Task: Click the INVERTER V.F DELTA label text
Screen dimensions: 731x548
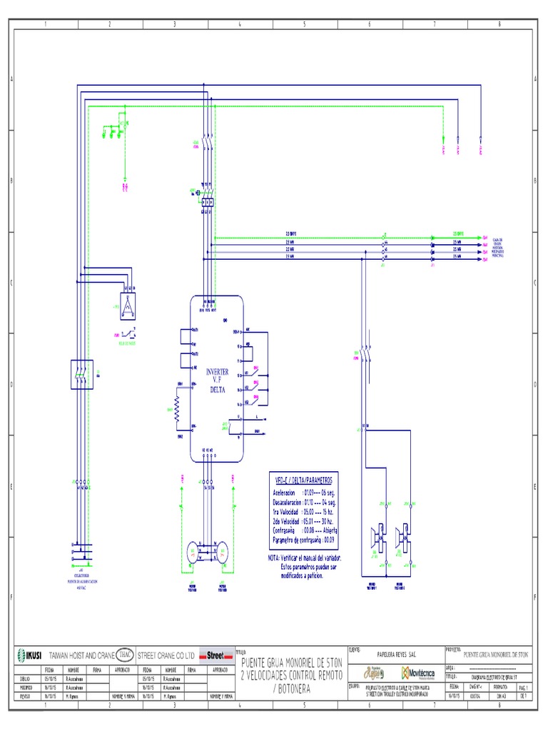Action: pos(218,380)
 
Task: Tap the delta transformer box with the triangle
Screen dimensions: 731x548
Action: pos(128,305)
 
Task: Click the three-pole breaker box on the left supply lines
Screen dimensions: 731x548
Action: pos(81,373)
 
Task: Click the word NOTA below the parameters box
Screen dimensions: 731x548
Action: pos(275,557)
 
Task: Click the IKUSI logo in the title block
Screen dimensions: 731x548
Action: pos(29,654)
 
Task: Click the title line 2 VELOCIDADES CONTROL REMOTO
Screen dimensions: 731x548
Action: pos(292,675)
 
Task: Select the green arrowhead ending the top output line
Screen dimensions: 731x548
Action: pos(433,234)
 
